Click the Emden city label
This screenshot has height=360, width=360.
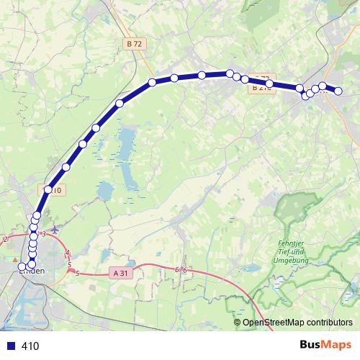click(x=32, y=271)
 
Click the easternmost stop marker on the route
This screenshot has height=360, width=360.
click(x=337, y=91)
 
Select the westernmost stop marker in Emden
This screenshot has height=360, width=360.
click(x=22, y=267)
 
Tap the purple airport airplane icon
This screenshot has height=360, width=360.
click(x=55, y=231)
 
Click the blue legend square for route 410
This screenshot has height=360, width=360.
click(x=9, y=346)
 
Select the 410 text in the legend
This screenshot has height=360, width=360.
click(x=30, y=346)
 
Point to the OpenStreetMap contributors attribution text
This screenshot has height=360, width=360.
click(x=297, y=323)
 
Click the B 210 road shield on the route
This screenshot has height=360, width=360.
click(x=261, y=88)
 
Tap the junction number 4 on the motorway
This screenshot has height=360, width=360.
click(x=68, y=253)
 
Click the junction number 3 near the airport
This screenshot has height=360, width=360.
click(x=44, y=234)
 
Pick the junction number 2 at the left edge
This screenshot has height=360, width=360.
click(x=4, y=239)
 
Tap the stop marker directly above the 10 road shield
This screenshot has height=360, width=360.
click(x=48, y=189)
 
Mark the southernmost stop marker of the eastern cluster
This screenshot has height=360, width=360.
click(x=305, y=96)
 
